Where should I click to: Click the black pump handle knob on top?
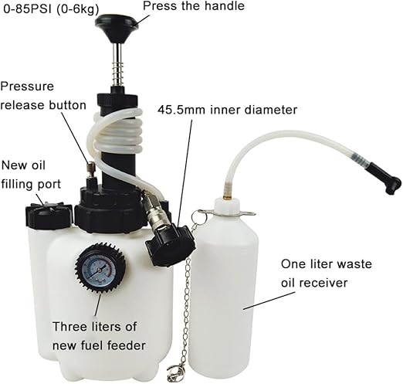pyautogui.click(x=117, y=25)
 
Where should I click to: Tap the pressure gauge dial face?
pyautogui.click(x=100, y=269)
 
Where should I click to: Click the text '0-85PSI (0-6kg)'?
pyautogui.click(x=51, y=9)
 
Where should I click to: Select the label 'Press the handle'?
pyautogui.click(x=194, y=6)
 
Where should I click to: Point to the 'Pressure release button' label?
pyautogui.click(x=43, y=96)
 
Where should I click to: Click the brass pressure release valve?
pyautogui.click(x=91, y=171)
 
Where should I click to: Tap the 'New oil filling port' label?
pyautogui.click(x=31, y=175)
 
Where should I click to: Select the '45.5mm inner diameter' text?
pyautogui.click(x=228, y=110)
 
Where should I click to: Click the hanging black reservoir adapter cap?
pyautogui.click(x=169, y=244)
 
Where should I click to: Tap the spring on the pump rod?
pyautogui.click(x=119, y=73)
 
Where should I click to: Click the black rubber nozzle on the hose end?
pyautogui.click(x=385, y=178)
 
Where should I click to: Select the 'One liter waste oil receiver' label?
pyautogui.click(x=327, y=274)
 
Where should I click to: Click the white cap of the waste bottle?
pyautogui.click(x=227, y=204)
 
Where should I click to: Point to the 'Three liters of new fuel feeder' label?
pyautogui.click(x=99, y=336)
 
